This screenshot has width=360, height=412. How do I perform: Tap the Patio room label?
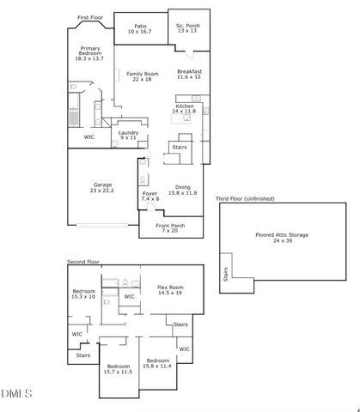(x=139, y=28)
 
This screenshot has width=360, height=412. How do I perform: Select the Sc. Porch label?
(x=186, y=28)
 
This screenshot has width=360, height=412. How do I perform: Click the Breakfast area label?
(x=189, y=74)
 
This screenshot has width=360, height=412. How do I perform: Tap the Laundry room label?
(x=128, y=135)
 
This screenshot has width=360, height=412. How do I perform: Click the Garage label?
(x=103, y=188)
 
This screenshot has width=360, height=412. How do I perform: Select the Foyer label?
(x=150, y=197)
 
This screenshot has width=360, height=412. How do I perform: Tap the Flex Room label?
(x=170, y=290)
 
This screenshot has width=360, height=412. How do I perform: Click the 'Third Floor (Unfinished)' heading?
(x=245, y=198)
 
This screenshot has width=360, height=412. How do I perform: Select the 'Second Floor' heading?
(x=83, y=260)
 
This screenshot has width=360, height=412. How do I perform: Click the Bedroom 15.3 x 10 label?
(x=83, y=294)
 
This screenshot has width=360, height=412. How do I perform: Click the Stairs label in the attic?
(x=226, y=276)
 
